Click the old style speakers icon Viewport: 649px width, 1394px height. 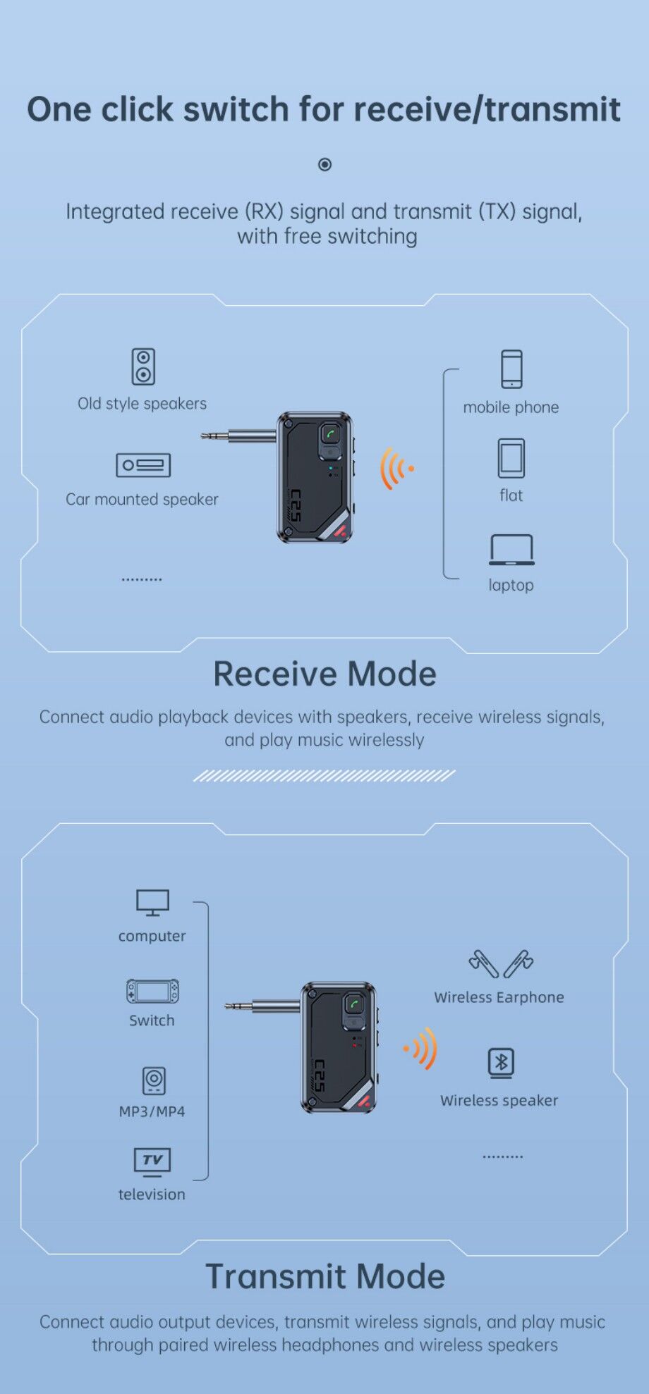(x=143, y=366)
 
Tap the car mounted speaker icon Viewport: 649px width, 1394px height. (x=143, y=465)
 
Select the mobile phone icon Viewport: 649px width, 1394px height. (x=511, y=369)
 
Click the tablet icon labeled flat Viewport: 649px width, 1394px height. (x=511, y=458)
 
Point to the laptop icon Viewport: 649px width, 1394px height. (x=511, y=550)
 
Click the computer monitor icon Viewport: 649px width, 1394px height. (x=152, y=903)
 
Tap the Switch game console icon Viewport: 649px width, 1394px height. (x=152, y=992)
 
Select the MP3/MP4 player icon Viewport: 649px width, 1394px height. (x=154, y=1080)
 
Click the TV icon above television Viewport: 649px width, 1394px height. (x=152, y=1162)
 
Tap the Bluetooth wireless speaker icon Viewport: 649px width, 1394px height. (x=501, y=1063)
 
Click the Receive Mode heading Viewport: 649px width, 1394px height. (x=325, y=674)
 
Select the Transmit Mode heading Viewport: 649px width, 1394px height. (x=325, y=1276)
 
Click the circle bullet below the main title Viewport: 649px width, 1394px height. (x=324, y=164)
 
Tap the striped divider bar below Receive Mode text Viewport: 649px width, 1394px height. (x=324, y=776)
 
